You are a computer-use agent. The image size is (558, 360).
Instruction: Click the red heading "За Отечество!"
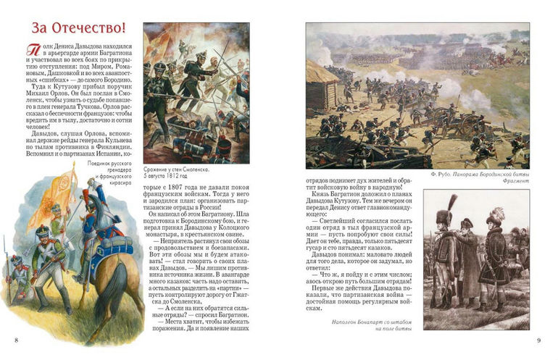[79, 28]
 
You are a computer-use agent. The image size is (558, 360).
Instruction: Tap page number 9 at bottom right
[538, 340]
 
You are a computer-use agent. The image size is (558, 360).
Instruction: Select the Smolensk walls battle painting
[196, 91]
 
